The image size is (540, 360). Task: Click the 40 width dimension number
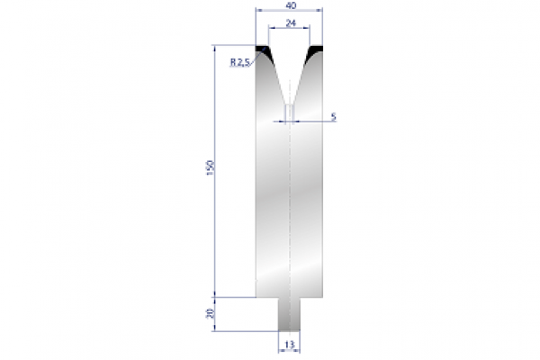click(289, 5)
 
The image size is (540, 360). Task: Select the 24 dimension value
click(289, 25)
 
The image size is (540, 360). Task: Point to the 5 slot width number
click(333, 116)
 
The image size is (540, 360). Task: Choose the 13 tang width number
click(289, 344)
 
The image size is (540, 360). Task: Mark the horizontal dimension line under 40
click(289, 13)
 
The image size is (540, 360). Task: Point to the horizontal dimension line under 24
click(289, 32)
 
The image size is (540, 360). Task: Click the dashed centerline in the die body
click(289, 207)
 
